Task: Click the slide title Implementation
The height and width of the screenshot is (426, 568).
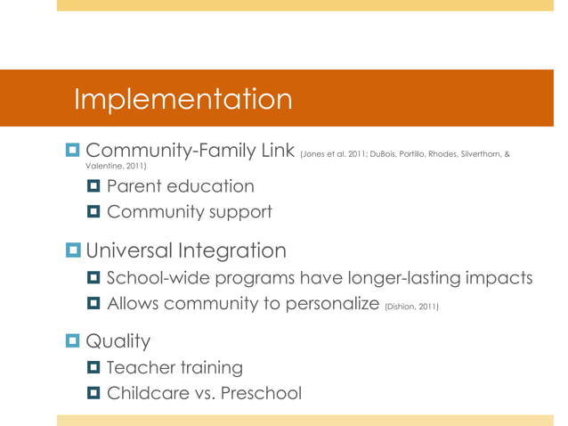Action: click(x=183, y=100)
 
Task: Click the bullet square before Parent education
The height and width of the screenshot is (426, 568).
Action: click(x=94, y=187)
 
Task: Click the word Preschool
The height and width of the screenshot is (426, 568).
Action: click(x=257, y=393)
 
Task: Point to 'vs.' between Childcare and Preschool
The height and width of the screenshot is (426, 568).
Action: click(x=200, y=393)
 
